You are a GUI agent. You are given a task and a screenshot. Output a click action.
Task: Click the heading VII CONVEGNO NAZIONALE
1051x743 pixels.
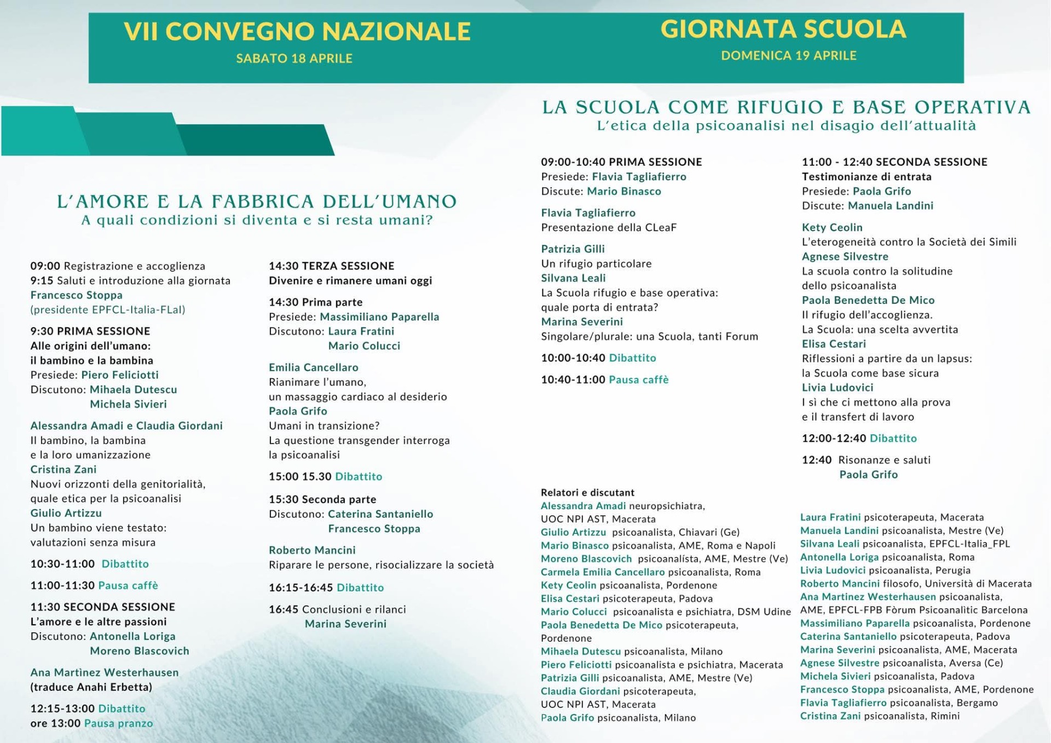click(x=297, y=31)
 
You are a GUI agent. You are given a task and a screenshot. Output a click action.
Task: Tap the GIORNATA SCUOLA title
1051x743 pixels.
click(x=783, y=29)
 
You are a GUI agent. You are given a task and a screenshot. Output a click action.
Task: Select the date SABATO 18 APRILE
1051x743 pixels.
click(x=294, y=59)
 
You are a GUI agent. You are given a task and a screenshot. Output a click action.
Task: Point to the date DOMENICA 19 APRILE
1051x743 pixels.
click(x=788, y=56)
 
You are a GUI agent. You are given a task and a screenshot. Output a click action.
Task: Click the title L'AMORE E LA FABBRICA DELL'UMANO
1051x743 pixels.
click(x=257, y=201)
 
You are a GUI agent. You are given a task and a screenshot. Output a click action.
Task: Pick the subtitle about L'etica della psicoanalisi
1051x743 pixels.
click(x=786, y=126)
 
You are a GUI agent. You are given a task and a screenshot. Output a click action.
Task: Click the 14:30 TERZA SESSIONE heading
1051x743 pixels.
click(x=331, y=266)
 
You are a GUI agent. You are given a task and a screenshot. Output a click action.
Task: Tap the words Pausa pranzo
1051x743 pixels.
click(x=118, y=723)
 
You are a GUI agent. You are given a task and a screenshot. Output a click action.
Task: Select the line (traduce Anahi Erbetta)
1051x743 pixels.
click(x=91, y=687)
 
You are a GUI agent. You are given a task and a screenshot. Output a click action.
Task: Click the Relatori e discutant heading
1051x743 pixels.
click(x=587, y=492)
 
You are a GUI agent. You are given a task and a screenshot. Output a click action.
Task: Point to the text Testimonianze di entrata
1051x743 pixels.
click(x=866, y=177)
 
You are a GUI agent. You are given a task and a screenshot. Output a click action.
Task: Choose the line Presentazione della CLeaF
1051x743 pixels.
click(x=609, y=227)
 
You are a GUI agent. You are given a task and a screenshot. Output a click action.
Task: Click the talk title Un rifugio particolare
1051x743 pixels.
click(x=596, y=263)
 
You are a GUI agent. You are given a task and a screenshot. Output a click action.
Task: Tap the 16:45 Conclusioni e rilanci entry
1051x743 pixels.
click(x=337, y=609)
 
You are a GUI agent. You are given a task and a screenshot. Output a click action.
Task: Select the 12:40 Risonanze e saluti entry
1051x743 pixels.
click(x=866, y=460)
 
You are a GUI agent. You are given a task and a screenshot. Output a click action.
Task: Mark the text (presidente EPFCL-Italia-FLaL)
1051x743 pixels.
click(x=108, y=310)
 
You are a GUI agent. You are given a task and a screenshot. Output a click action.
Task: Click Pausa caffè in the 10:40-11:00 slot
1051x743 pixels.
click(x=638, y=380)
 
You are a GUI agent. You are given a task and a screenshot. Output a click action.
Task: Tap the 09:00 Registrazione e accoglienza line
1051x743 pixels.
click(x=118, y=266)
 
